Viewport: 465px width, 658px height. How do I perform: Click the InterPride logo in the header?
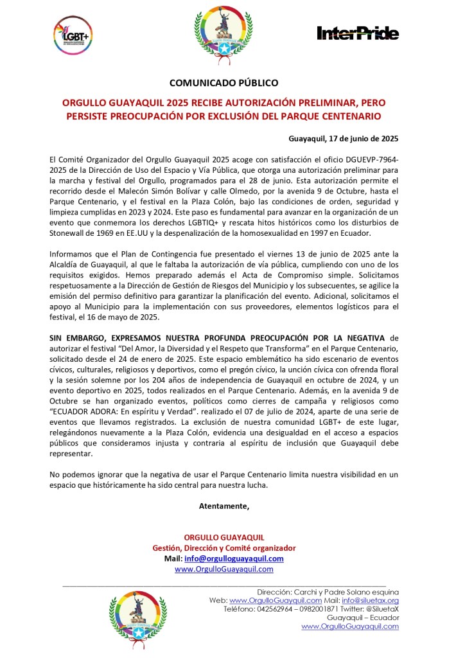[x=358, y=33]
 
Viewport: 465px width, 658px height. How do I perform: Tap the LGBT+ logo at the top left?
[x=73, y=33]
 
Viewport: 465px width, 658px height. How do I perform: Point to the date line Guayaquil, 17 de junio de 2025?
[x=344, y=138]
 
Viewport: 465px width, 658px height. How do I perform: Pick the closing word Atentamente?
[x=224, y=506]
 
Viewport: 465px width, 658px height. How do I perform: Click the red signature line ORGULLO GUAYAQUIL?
[x=224, y=537]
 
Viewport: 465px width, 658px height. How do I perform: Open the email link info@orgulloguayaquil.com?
[x=234, y=558]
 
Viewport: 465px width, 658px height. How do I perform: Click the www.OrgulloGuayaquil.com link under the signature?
[x=224, y=569]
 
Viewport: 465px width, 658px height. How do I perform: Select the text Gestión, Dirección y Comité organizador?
[x=224, y=548]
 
